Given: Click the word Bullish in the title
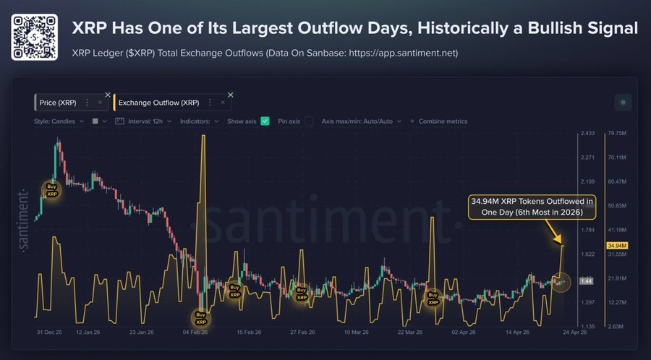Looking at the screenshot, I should tap(534, 28).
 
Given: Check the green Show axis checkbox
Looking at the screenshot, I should tap(265, 121).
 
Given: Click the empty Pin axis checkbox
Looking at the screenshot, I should tap(308, 121).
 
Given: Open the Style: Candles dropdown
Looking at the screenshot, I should tap(59, 121).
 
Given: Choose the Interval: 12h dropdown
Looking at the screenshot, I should tap(148, 121).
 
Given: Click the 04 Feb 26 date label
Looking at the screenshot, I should tap(195, 333).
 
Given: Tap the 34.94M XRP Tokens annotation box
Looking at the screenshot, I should tap(532, 205).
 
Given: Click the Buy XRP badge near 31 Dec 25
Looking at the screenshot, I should tap(52, 190).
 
